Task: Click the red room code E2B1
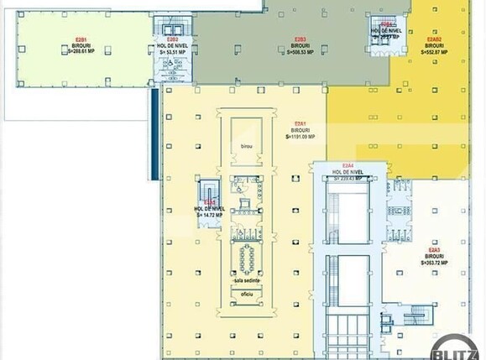point(81,39)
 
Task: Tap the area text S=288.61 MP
point(81,51)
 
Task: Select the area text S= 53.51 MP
point(172,51)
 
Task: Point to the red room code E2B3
point(300,39)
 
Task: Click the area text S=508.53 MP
point(298,51)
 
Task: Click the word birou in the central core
point(246,146)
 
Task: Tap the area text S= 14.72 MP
point(210,215)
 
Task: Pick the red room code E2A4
point(348,165)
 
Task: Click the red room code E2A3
point(434,249)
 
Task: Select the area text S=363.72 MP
point(434,262)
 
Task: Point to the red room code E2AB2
point(434,39)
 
